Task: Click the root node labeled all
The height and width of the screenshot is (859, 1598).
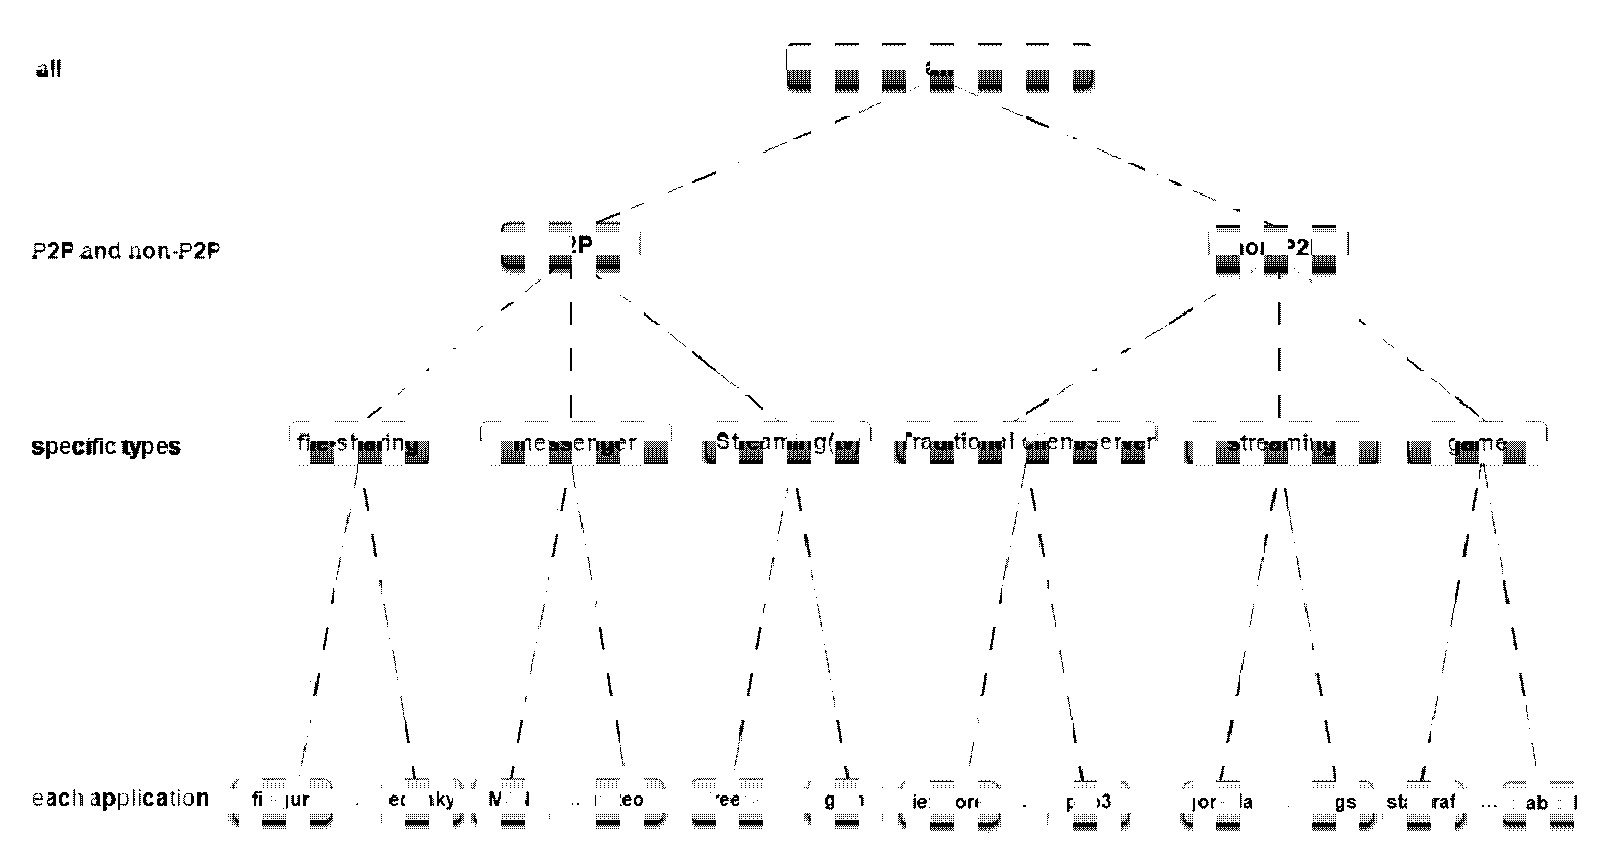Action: (939, 65)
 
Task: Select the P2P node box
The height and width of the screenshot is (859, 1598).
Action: (571, 245)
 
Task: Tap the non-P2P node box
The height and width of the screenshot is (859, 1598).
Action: (1278, 248)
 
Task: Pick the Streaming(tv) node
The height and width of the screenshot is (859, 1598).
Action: (788, 441)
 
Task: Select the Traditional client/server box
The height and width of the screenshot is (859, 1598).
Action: (1026, 441)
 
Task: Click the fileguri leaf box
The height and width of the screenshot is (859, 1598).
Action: (282, 800)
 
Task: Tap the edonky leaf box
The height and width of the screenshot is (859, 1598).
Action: (422, 800)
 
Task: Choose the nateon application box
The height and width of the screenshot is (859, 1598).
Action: (624, 800)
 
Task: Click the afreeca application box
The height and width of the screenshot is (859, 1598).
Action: (729, 800)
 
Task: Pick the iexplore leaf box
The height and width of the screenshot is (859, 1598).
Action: (949, 803)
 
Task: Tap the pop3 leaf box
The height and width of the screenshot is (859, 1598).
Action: (1088, 803)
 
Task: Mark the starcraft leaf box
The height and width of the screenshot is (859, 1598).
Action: (1424, 803)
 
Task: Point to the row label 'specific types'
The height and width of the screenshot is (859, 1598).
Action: (106, 446)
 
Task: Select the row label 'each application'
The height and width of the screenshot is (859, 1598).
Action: (120, 798)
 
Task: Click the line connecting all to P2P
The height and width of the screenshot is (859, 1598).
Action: (757, 155)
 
